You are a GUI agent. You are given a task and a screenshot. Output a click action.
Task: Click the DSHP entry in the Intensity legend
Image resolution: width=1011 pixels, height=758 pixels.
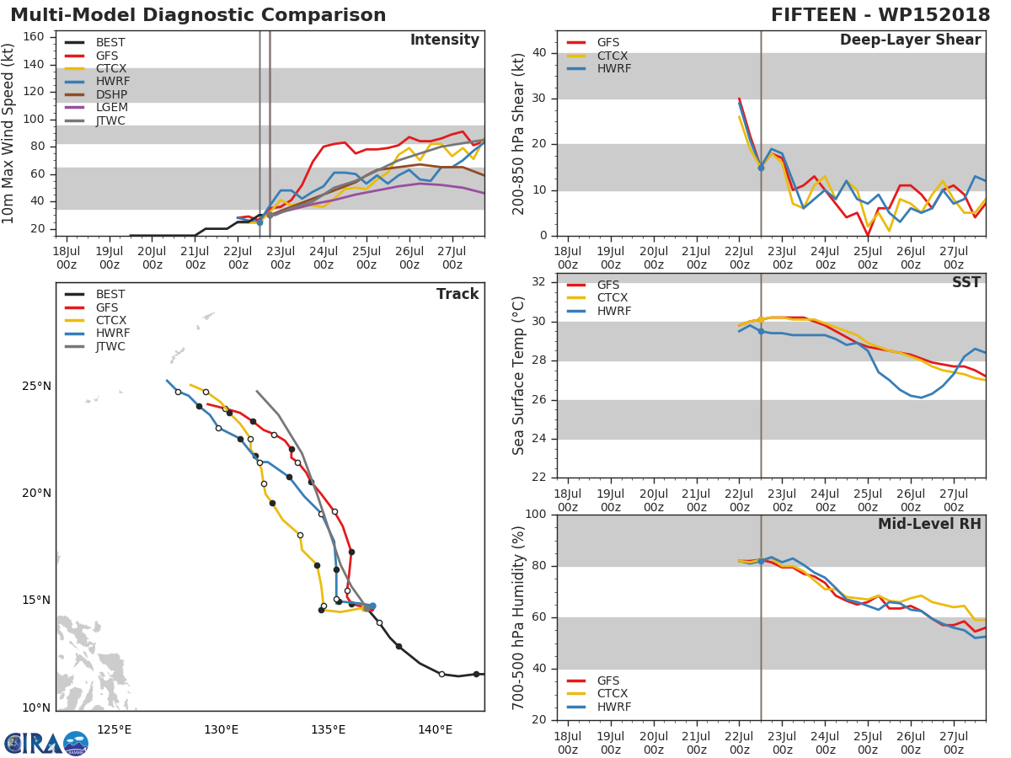coord(111,94)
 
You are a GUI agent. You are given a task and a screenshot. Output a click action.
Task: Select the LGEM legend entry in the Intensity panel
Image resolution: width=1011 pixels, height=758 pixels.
coord(111,108)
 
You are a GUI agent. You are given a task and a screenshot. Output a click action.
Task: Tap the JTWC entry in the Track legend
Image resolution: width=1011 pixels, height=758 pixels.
coord(111,346)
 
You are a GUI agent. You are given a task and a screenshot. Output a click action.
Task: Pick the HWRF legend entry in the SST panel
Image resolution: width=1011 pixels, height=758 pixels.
coord(613,311)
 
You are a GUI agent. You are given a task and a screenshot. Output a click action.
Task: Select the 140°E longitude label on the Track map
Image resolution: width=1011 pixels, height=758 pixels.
coord(435,729)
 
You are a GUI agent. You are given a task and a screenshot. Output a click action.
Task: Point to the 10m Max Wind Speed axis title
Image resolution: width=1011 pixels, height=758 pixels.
coord(9,134)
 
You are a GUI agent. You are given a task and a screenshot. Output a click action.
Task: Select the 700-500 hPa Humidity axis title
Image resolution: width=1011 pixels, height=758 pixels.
coord(518,617)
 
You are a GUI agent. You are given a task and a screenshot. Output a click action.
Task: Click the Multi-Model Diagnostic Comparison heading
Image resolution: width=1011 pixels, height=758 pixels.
coord(198,15)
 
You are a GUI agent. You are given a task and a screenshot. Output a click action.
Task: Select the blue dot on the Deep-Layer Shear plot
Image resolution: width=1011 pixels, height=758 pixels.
coord(761,168)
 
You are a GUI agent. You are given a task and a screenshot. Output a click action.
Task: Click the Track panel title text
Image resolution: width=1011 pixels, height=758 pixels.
coord(457,294)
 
